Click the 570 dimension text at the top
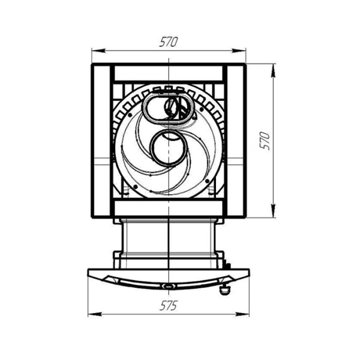tap(169, 42)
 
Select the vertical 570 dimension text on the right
tap(265, 141)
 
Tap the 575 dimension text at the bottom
tap(169, 306)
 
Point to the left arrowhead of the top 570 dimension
tap(98, 51)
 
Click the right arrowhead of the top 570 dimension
tap(239, 51)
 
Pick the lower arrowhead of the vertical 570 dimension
tap(273, 211)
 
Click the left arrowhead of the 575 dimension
tap(95, 314)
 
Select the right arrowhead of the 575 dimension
tap(242, 314)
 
